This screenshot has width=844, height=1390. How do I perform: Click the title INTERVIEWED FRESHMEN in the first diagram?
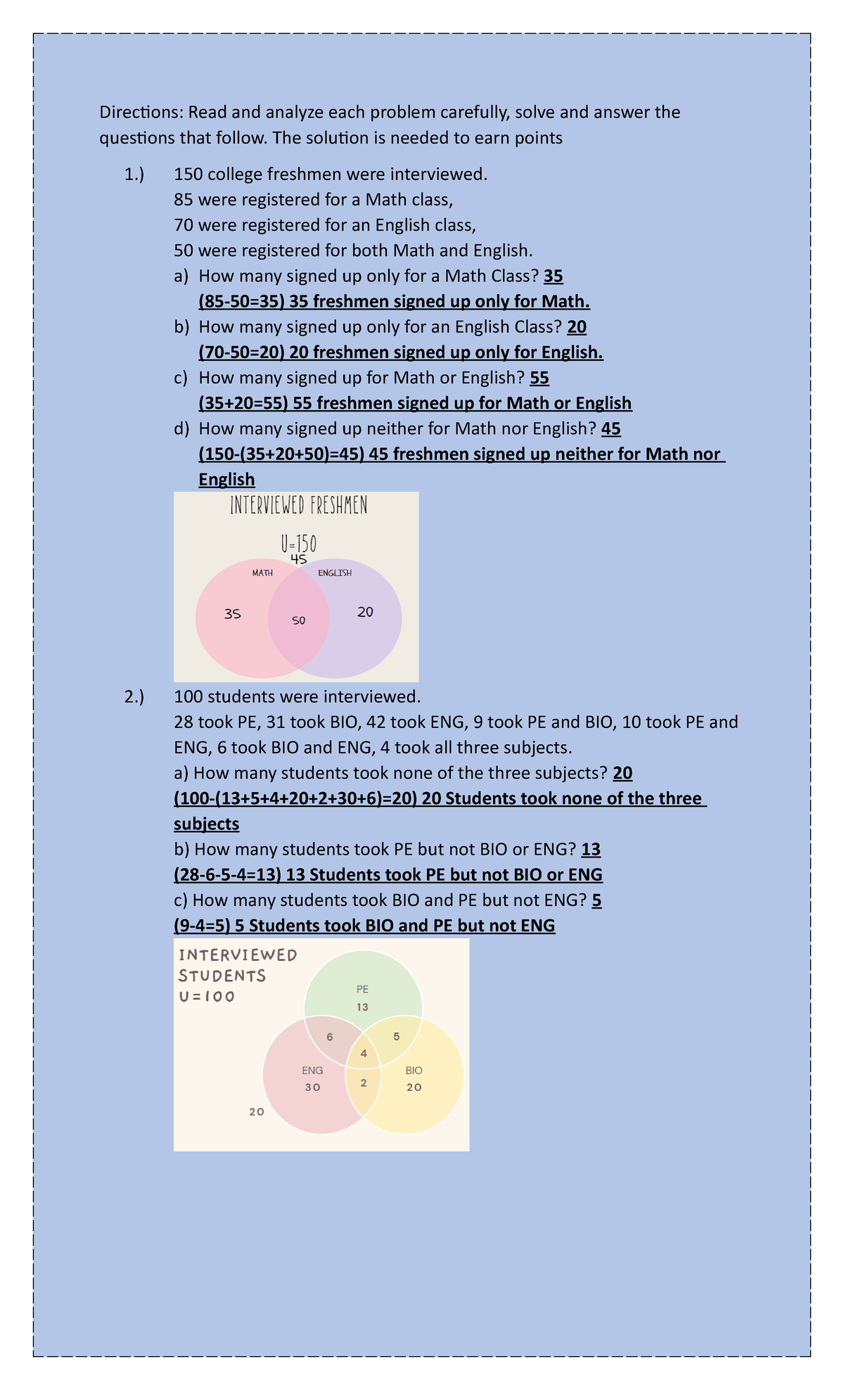point(298,506)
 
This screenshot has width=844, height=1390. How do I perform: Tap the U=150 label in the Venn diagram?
point(298,544)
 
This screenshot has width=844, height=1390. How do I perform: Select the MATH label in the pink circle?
point(262,573)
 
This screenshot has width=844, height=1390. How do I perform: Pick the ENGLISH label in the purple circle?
point(335,573)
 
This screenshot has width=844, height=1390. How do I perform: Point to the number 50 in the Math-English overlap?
point(299,620)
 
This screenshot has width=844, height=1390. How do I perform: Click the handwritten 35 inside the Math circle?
point(233,613)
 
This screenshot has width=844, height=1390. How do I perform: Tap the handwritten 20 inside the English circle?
point(365,612)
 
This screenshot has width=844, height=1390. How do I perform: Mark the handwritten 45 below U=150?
point(299,559)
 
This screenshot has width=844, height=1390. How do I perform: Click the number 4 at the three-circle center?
point(364,1054)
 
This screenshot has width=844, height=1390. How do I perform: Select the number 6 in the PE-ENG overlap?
point(330,1037)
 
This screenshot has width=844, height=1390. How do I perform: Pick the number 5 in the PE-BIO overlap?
point(397,1036)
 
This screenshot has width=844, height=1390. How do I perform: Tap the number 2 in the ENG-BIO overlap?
point(364,1083)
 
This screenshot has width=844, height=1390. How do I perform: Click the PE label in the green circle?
point(362,989)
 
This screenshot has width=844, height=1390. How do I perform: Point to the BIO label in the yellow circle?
point(414,1071)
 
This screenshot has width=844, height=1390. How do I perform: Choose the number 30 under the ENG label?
point(312,1088)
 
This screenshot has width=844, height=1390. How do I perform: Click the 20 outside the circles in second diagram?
point(257,1112)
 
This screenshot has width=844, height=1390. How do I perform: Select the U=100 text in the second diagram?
point(207,997)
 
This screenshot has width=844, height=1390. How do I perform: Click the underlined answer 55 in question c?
point(539,378)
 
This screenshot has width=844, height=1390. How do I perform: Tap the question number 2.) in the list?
point(134,697)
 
